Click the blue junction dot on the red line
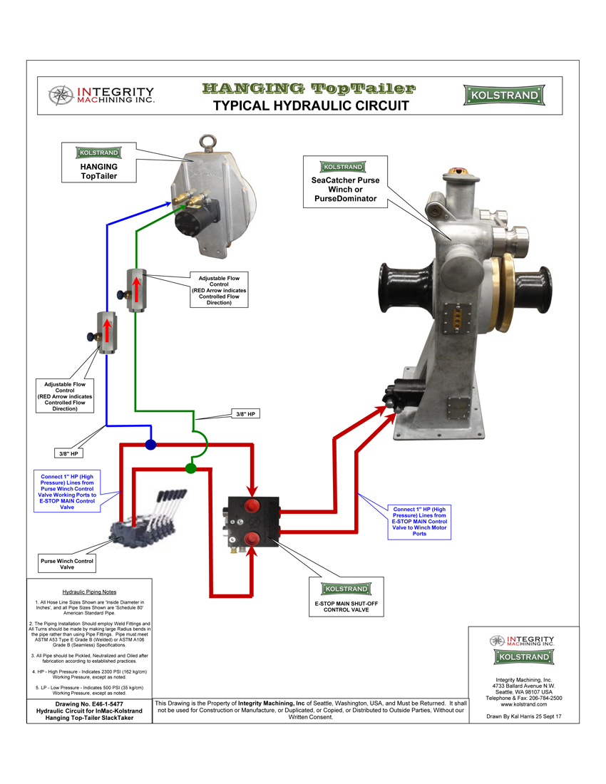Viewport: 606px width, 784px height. [150, 445]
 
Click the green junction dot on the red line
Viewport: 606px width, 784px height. [190, 468]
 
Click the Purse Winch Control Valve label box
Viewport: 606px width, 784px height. [67, 564]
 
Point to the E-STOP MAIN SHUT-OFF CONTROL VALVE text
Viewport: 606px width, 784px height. [346, 607]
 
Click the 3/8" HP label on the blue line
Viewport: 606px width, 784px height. [68, 453]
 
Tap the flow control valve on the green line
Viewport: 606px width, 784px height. [135, 290]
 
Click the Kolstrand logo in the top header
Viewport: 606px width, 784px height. [504, 96]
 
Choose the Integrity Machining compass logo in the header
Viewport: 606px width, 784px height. [60, 96]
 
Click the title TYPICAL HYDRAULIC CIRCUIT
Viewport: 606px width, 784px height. [311, 106]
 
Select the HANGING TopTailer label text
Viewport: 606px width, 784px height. [99, 172]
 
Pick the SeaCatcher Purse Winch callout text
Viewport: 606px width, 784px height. [346, 190]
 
